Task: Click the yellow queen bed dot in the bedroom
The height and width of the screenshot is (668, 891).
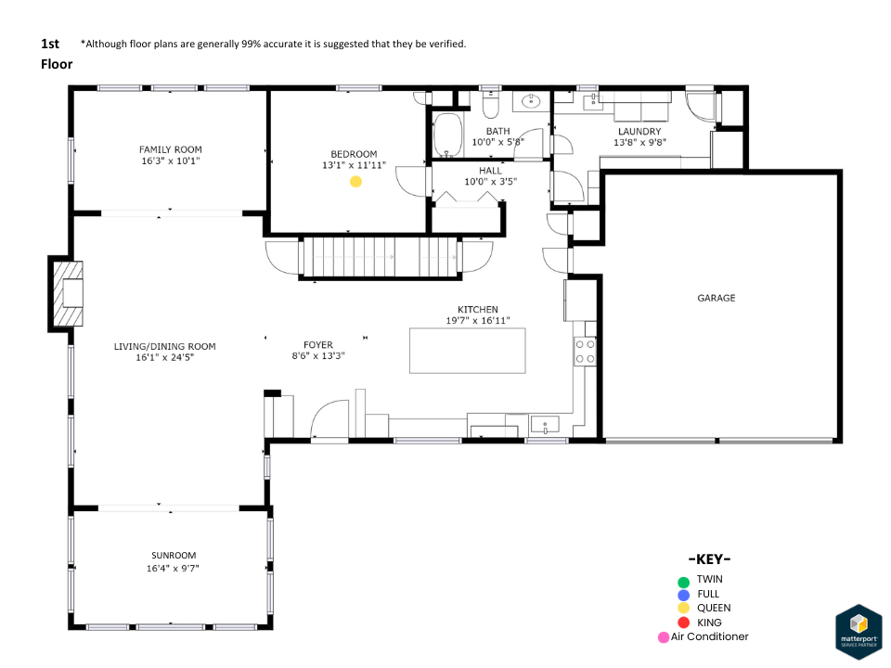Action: (x=355, y=182)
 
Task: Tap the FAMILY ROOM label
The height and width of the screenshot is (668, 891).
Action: (x=170, y=149)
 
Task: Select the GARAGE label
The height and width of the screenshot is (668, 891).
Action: (x=716, y=298)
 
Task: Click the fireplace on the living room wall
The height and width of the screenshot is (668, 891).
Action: (x=67, y=293)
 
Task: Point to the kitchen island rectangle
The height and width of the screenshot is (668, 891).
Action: (x=467, y=350)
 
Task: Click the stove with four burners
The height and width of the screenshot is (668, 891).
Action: (x=585, y=350)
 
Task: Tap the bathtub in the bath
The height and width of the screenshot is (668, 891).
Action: (x=448, y=136)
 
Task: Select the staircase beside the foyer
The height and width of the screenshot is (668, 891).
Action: (x=381, y=257)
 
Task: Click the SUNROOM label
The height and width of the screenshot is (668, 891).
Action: (x=172, y=556)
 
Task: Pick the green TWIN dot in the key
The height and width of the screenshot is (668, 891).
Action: (x=684, y=580)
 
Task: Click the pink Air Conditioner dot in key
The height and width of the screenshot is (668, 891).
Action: (x=663, y=637)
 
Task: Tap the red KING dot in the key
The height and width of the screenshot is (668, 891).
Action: (x=684, y=623)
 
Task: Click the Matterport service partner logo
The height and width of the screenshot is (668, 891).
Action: (x=859, y=631)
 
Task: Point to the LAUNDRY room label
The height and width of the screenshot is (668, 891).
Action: (x=639, y=131)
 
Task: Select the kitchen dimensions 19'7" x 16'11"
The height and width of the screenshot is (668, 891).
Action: (x=477, y=321)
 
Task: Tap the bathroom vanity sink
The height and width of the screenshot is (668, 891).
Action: (x=532, y=101)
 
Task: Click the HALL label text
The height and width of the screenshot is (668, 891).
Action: (x=490, y=171)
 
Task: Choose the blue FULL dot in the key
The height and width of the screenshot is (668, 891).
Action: (x=684, y=594)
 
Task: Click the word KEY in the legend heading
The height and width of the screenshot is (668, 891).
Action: (x=709, y=559)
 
